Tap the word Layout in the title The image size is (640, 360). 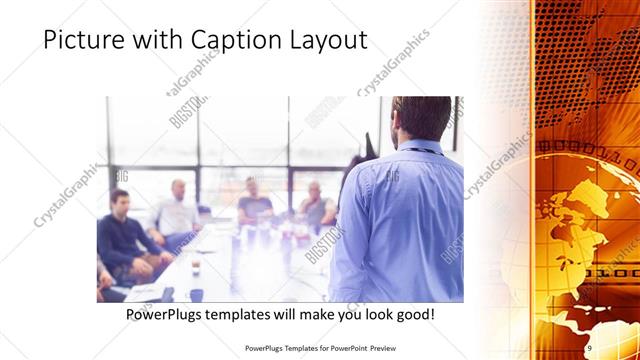pos(323,40)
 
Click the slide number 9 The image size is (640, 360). pos(589,347)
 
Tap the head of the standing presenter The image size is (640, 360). pos(421,118)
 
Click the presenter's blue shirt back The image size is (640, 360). pos(400,220)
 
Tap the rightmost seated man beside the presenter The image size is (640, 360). pos(316,205)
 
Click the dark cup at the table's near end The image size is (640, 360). pos(196,295)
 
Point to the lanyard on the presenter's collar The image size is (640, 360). pos(420,149)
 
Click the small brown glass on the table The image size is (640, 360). pos(195,267)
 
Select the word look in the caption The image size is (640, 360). pos(363,314)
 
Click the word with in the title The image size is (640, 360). pos(160,40)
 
